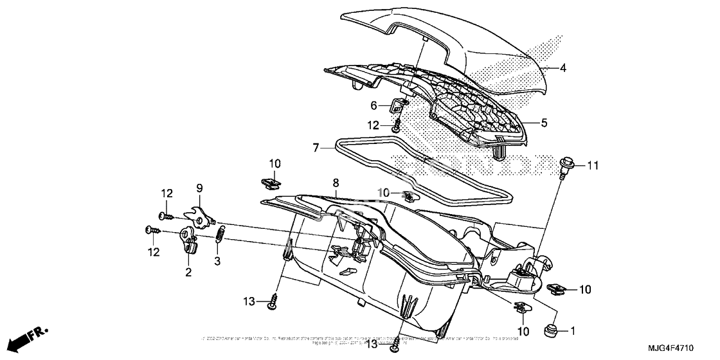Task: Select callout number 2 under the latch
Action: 188,272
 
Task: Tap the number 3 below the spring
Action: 217,261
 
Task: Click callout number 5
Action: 544,122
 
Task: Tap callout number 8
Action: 335,183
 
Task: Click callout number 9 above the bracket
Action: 199,188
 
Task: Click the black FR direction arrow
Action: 29,336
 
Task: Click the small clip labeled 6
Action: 397,103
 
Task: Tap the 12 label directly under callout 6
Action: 373,125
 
